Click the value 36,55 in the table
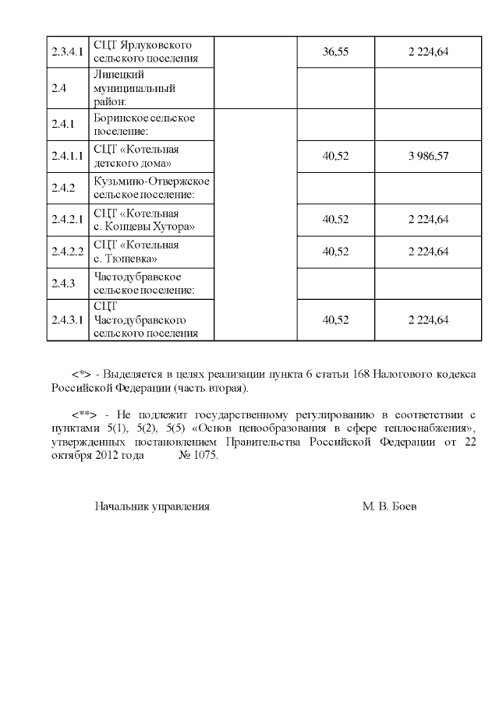point(335,52)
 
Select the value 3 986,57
point(428,156)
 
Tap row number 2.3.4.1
point(66,52)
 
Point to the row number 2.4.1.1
point(66,156)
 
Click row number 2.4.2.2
point(66,252)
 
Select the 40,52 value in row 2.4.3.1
point(335,320)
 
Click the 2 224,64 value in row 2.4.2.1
point(428,220)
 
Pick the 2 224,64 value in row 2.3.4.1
point(428,52)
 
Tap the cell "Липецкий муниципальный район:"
point(129,87)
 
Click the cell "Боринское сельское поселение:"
point(143,125)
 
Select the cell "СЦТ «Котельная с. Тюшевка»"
point(136,252)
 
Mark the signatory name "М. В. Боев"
point(389,506)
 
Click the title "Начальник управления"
point(152,506)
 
